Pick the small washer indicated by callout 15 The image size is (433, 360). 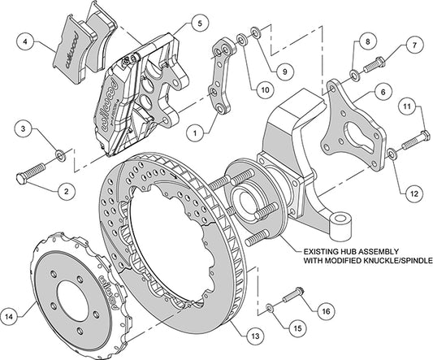[268, 307]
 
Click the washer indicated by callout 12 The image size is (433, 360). [392, 153]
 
